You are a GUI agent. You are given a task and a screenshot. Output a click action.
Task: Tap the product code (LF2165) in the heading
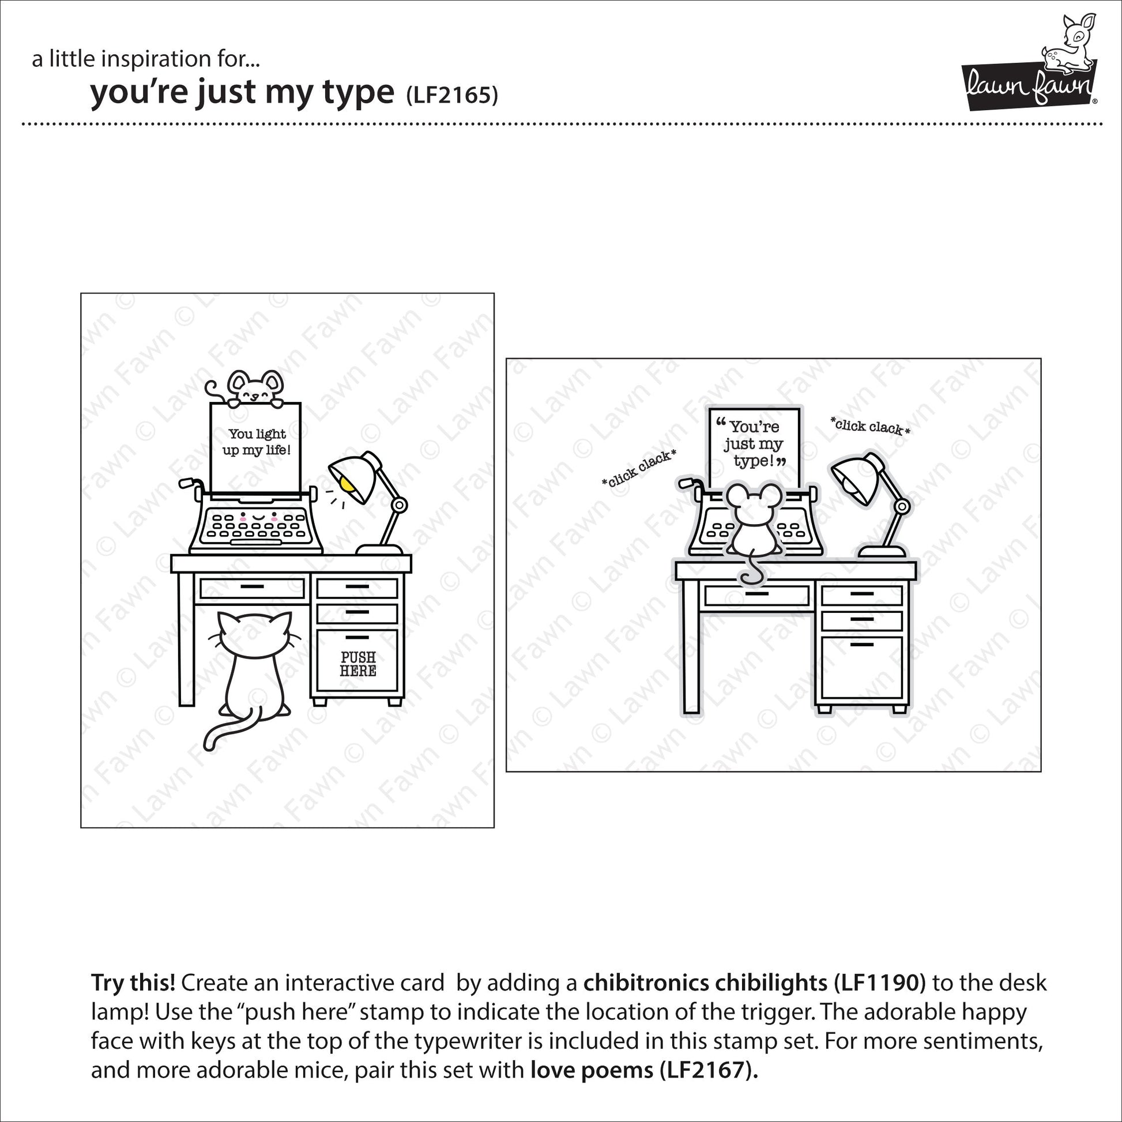coord(451,95)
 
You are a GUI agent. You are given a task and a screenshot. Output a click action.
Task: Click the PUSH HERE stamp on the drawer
coord(357,664)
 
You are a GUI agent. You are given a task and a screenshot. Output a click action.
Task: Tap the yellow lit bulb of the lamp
coord(347,485)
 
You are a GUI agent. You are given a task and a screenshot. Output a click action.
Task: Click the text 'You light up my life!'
coord(257,442)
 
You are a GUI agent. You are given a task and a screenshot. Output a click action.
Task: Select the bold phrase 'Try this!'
coord(133,983)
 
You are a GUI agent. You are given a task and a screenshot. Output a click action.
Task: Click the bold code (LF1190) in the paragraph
coord(879,983)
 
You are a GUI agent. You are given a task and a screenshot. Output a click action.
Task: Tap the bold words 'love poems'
coord(592,1070)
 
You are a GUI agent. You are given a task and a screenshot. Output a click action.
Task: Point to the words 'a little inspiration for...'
coord(146,59)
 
